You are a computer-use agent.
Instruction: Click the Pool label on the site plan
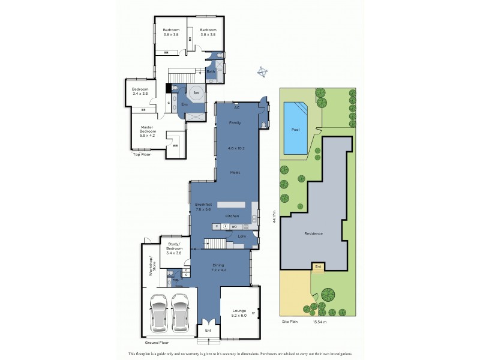tap(295, 129)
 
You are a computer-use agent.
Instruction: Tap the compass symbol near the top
tap(262, 72)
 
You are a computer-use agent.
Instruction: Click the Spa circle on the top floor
tap(196, 94)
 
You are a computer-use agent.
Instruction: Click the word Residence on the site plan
tap(313, 233)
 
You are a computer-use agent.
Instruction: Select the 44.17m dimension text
tap(274, 217)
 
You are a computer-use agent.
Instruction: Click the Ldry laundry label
tap(242, 236)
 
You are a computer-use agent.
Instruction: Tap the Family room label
tap(235, 122)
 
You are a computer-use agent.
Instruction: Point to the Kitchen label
tap(232, 216)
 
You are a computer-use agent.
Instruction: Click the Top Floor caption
tap(141, 154)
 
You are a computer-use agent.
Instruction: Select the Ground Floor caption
tap(155, 342)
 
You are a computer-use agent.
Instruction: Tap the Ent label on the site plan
tap(318, 266)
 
